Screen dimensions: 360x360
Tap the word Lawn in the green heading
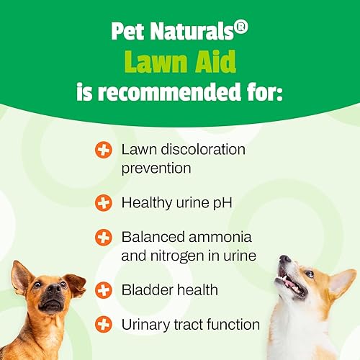point(150,63)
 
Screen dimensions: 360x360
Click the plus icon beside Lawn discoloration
point(104,150)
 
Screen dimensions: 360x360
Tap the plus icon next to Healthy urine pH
point(104,203)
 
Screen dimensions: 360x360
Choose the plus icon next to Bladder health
point(104,290)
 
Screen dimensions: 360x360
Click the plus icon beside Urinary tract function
point(104,325)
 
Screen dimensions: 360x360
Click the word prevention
point(156,168)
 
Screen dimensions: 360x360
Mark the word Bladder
point(146,290)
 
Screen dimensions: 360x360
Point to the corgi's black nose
point(285,259)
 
